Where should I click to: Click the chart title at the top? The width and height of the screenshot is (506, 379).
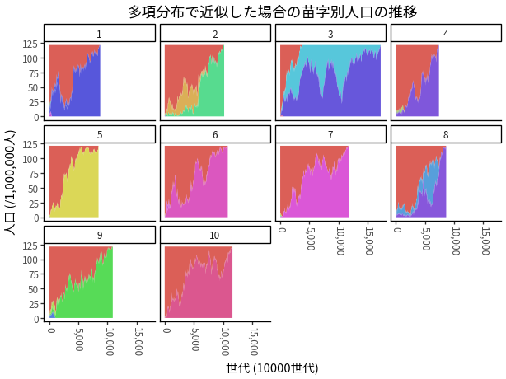[273, 12]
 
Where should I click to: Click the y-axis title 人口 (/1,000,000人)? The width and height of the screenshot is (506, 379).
[10, 183]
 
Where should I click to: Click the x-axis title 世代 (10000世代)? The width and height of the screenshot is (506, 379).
[272, 368]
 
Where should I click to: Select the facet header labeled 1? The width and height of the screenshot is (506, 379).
[100, 33]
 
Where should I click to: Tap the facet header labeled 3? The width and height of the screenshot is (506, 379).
[330, 33]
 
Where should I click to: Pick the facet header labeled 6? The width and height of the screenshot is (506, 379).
[215, 134]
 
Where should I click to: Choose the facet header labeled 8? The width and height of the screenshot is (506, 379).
[447, 134]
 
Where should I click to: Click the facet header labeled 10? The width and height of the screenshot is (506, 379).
[215, 235]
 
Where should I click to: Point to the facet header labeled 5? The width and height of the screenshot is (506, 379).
[100, 134]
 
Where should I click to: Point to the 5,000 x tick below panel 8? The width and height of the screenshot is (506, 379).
[426, 238]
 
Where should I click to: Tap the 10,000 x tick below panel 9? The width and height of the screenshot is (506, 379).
[110, 341]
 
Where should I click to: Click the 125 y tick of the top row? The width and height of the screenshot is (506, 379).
[30, 44]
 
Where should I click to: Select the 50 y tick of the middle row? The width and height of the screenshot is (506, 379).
[33, 189]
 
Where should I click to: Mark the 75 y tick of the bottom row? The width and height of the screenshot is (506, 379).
[33, 274]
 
